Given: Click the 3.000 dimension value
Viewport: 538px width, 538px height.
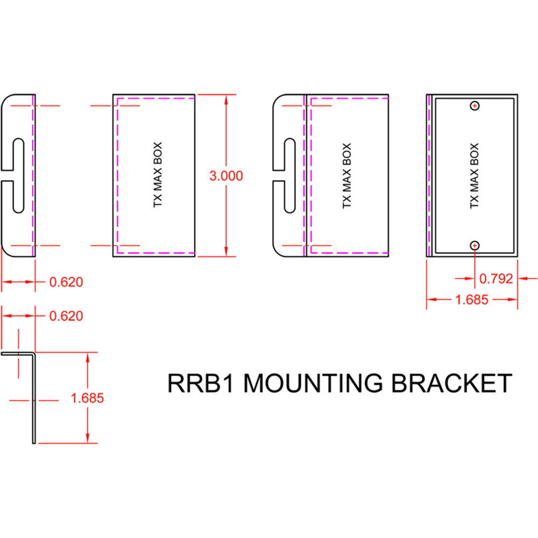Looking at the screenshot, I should (x=226, y=176).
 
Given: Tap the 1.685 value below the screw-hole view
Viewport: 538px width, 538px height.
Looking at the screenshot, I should (x=472, y=300).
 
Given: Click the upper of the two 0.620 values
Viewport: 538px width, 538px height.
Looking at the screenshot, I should (x=66, y=281).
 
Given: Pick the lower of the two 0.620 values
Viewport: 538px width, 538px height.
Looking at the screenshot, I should (x=66, y=316).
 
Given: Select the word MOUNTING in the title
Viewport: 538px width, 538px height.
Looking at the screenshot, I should (x=314, y=384).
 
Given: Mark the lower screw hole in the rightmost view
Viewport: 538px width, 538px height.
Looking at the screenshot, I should (x=474, y=245).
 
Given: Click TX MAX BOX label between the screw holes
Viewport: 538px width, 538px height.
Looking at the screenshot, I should (x=474, y=176).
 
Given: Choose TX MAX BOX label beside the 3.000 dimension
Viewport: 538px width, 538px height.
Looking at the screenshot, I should (x=157, y=176).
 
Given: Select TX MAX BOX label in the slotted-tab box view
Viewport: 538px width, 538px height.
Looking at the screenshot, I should (x=347, y=176).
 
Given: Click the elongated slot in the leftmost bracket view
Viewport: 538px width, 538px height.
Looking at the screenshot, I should (x=18, y=176).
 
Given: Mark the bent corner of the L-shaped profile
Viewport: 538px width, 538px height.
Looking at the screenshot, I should (x=34, y=354).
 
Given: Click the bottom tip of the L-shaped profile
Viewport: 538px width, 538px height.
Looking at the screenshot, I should (x=34, y=442).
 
